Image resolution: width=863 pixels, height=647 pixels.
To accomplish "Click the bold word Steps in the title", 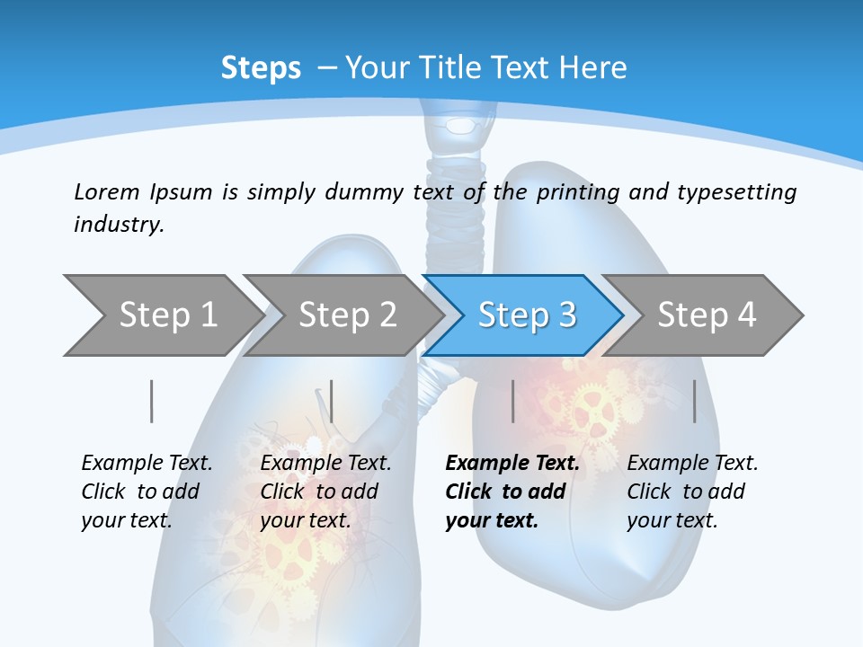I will (261, 68).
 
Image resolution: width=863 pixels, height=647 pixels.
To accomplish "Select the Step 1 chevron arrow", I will (162, 315).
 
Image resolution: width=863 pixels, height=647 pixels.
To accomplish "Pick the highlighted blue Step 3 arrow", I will (526, 315).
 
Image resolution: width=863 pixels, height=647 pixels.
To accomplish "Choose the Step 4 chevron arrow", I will (706, 315).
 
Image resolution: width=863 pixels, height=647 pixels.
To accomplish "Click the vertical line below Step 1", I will (151, 401).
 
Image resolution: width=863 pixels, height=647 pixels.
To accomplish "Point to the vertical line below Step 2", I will (332, 401).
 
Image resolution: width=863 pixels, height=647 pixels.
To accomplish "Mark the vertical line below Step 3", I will (512, 401).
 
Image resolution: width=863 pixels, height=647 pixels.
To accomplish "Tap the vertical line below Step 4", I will (694, 401).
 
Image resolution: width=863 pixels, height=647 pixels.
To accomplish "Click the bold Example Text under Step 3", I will (512, 464).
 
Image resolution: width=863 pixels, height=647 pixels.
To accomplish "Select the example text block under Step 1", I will (146, 492).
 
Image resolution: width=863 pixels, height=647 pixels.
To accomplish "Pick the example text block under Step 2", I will (325, 492).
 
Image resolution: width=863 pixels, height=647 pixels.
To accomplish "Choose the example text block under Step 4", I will (691, 492).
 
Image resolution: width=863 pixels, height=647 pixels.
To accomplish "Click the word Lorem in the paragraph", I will (106, 192).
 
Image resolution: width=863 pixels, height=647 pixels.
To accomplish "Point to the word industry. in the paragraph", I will (119, 225).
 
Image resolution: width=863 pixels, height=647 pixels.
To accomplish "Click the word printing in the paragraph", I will (578, 192).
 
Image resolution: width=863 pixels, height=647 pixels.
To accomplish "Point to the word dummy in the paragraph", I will (367, 192).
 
